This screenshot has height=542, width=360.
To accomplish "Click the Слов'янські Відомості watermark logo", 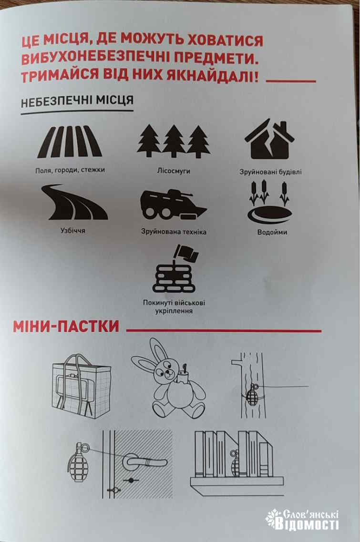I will pyautogui.click(x=302, y=519).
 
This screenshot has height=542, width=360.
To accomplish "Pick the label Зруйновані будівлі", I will pyautogui.click(x=270, y=171).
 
